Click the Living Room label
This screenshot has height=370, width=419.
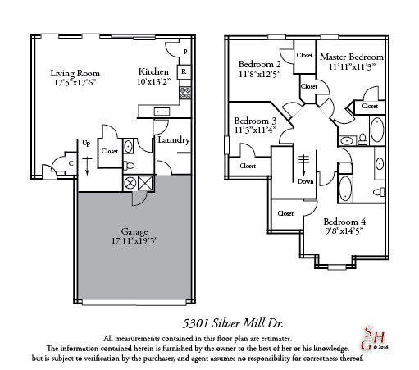point(75,72)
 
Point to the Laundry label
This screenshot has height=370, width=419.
point(174,140)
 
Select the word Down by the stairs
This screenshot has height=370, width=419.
point(306,181)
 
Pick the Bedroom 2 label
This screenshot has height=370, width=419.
point(260,64)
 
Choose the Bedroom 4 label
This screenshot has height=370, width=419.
point(344,222)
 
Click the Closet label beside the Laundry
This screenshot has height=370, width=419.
point(110,151)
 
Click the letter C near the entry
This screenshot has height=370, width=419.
point(71,162)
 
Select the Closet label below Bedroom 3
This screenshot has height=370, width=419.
point(248,166)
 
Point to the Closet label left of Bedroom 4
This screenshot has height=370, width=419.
point(285,213)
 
